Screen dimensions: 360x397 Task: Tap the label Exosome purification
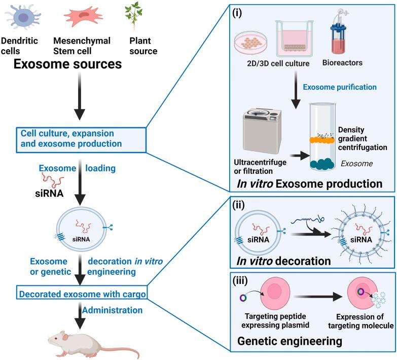pyautogui.click(x=340, y=87)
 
